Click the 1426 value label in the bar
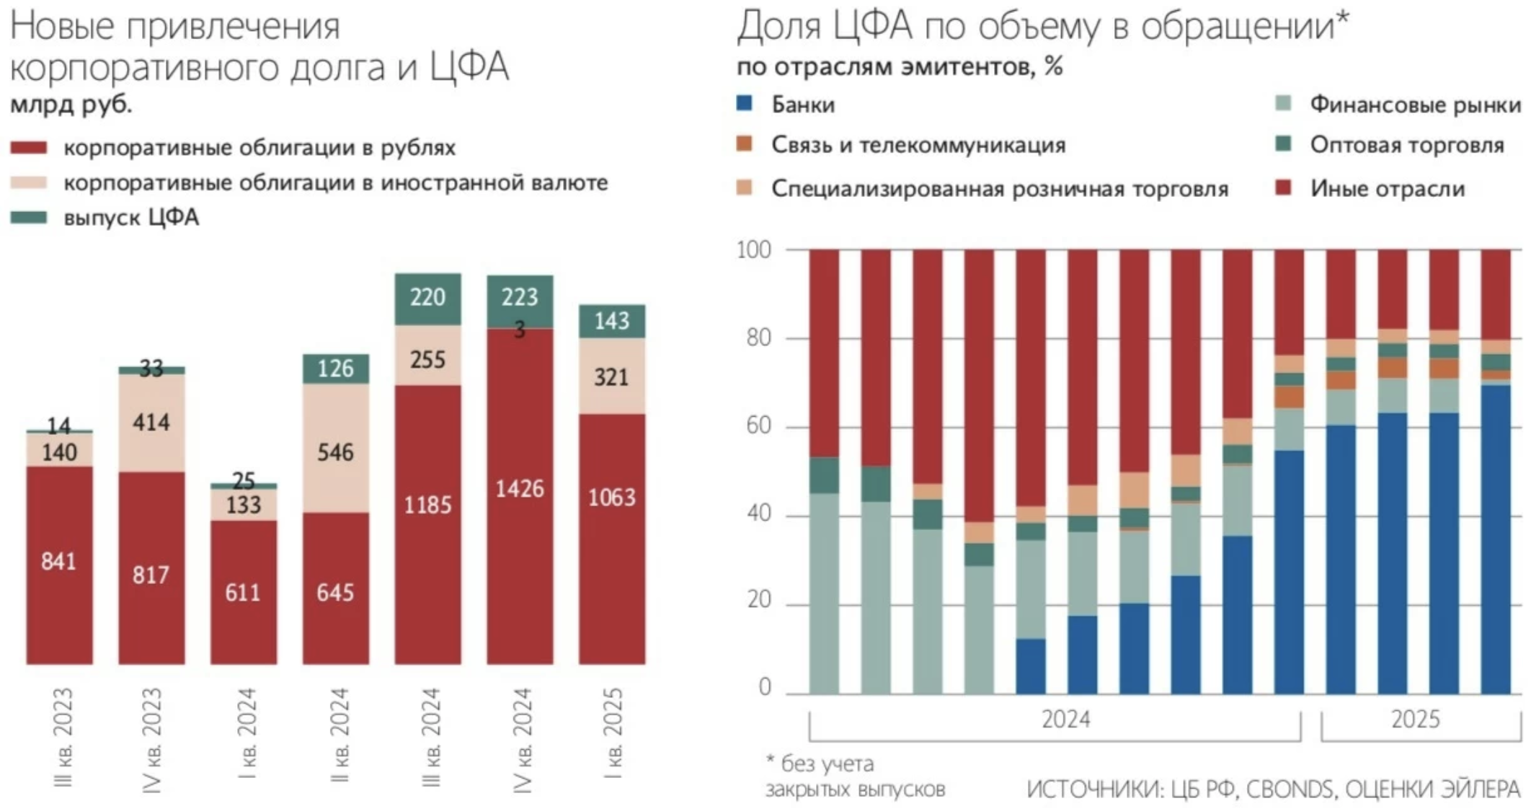pyautogui.click(x=519, y=489)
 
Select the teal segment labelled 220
pyautogui.click(x=427, y=298)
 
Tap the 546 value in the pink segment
pyautogui.click(x=335, y=452)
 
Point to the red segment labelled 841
pyautogui.click(x=59, y=561)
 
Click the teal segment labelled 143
pyautogui.click(x=611, y=321)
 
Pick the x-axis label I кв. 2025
pyautogui.click(x=613, y=734)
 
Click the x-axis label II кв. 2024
pyautogui.click(x=338, y=735)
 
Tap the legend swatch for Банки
pyautogui.click(x=745, y=104)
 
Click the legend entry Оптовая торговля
pyautogui.click(x=1406, y=145)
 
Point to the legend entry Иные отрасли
pyautogui.click(x=1387, y=188)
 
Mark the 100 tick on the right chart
pyautogui.click(x=754, y=250)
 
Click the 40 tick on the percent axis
pyautogui.click(x=758, y=513)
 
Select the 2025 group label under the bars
pyautogui.click(x=1415, y=720)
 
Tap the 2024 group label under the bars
pyautogui.click(x=1065, y=720)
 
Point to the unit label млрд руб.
pyautogui.click(x=71, y=105)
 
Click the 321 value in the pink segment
pyautogui.click(x=611, y=377)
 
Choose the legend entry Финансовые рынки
pyautogui.click(x=1415, y=105)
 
